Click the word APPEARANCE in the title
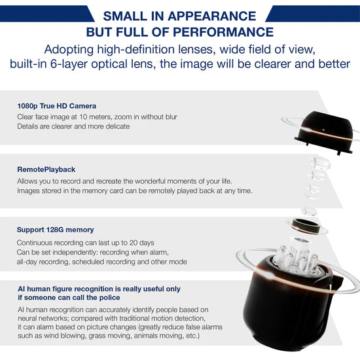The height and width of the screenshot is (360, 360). point(211,16)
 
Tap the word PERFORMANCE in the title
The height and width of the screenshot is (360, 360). point(223,32)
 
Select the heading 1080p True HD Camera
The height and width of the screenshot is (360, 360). point(57,106)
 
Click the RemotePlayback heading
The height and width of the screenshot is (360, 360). point(46,170)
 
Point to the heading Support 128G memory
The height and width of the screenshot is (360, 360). point(55,230)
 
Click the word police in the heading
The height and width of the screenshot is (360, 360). point(109,298)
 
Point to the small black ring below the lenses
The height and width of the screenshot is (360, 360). point(306,226)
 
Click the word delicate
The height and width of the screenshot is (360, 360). point(118,126)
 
